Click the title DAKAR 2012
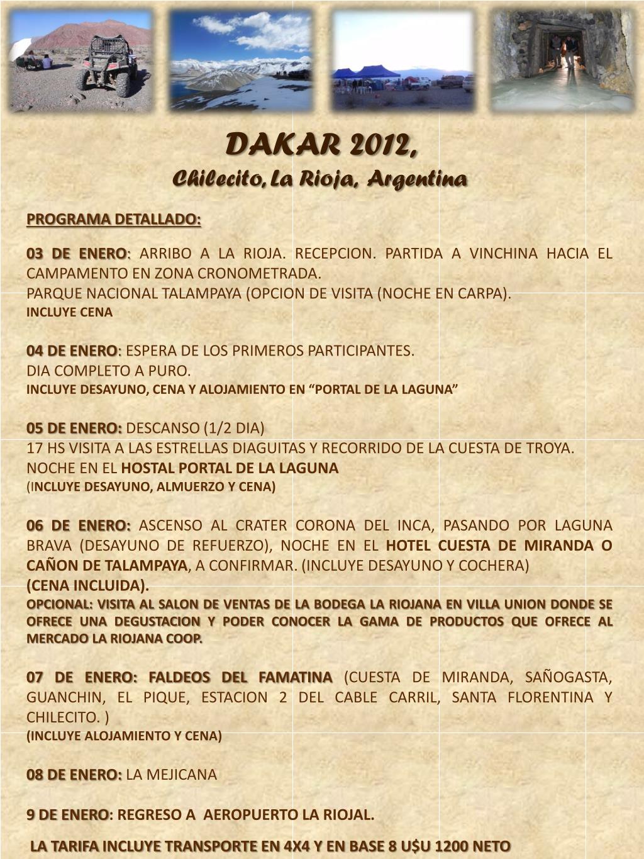tap(321, 145)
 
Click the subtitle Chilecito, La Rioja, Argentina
tap(319, 179)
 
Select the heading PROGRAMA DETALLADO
tap(113, 220)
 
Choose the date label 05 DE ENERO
tap(74, 429)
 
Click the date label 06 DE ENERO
tap(78, 525)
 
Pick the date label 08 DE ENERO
tap(74, 775)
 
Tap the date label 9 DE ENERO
tap(67, 815)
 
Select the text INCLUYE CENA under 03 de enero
tap(69, 312)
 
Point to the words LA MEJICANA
tap(172, 775)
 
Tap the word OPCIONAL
tap(60, 604)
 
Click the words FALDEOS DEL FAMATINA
tap(240, 678)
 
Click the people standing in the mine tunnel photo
tap(562, 50)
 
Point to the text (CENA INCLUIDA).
tap(88, 585)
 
